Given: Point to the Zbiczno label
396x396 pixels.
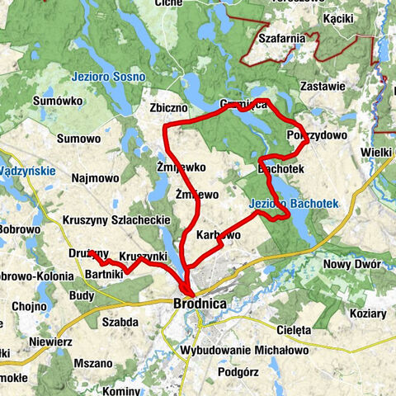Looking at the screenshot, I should [169, 107].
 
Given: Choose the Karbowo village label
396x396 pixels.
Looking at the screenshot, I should [219, 235].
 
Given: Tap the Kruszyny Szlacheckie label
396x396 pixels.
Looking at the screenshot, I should [116, 220].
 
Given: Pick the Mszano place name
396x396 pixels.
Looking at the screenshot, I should [92, 362].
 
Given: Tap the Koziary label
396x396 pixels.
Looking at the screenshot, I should [367, 314].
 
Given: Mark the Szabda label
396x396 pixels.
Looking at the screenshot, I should [120, 322].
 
